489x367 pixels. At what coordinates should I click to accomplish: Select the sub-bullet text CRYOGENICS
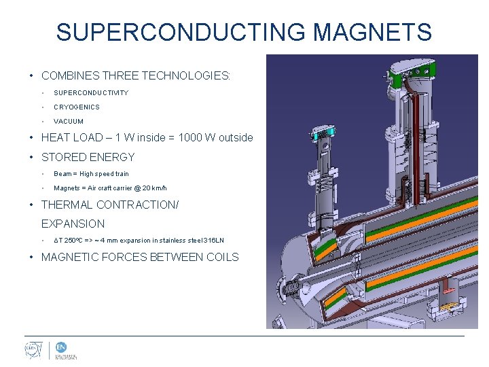pos(77,107)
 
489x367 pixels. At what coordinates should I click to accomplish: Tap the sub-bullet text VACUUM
pos(69,121)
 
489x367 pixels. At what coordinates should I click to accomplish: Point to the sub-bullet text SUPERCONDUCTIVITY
pos(91,92)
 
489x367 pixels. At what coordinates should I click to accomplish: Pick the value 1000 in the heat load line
pos(192,137)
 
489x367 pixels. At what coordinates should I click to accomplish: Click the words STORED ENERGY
pos(88,157)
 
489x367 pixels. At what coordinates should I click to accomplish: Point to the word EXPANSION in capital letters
pos(73,224)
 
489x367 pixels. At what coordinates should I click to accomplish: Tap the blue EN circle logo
pos(61,347)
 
